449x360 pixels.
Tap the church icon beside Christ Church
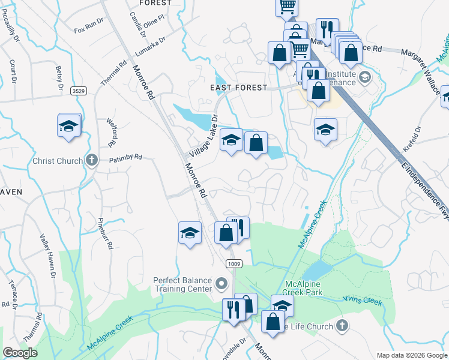91,160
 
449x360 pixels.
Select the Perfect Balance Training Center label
183,284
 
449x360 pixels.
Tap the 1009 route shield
234,264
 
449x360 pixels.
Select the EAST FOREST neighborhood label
238,88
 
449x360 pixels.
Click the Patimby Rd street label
125,157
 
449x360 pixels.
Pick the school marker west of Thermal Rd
70,127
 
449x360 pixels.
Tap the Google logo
20,353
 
